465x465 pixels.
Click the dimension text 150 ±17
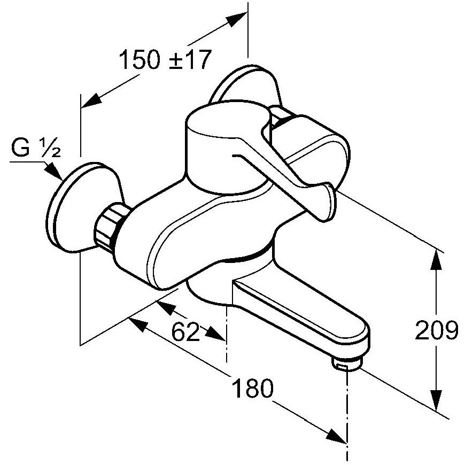pos(165,60)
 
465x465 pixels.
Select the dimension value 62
pos(185,331)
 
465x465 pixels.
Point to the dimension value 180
pos(253,388)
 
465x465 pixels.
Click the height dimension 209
pos(436,330)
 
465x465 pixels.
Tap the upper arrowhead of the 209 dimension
pos(436,261)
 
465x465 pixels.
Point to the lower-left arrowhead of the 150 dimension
pos(91,100)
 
